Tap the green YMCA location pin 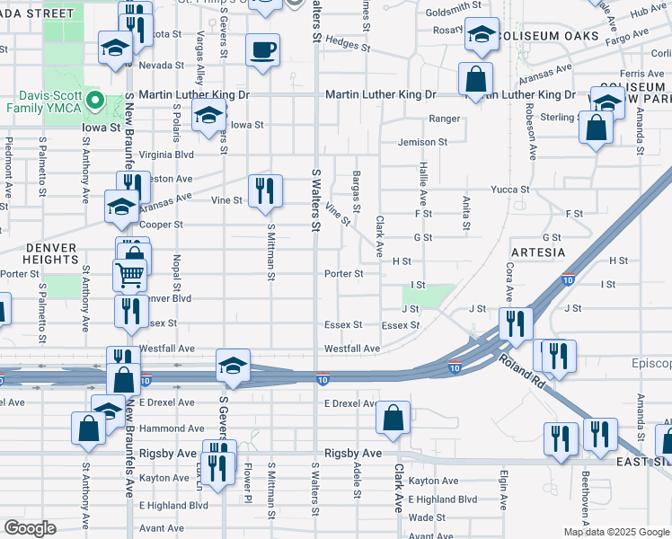[x=92, y=100]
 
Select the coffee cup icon [x=262, y=50]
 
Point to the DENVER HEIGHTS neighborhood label [x=40, y=252]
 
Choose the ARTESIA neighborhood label [x=538, y=252]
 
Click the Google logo [x=30, y=528]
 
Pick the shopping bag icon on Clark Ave [x=393, y=417]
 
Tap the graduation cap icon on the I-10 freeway [x=233, y=365]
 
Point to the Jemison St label [x=422, y=142]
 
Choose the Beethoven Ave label [x=585, y=486]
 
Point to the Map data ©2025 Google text [x=617, y=532]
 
